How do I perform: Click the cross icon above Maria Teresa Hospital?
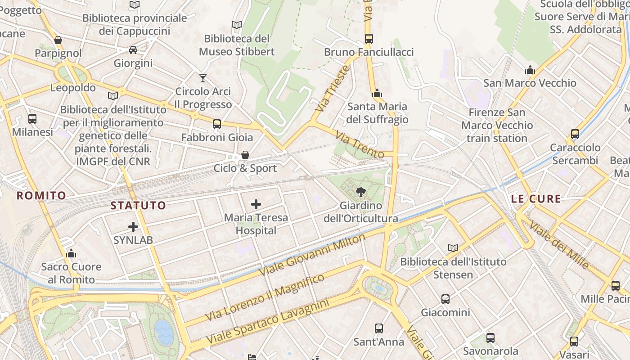tap(256, 204)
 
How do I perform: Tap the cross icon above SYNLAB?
tap(133, 227)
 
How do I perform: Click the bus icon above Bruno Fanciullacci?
tap(369, 39)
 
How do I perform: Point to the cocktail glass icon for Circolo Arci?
tap(203, 78)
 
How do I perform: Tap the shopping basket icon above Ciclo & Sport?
tap(245, 155)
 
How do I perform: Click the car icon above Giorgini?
tap(133, 50)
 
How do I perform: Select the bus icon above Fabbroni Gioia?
tap(217, 124)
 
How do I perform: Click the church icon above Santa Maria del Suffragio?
tap(377, 94)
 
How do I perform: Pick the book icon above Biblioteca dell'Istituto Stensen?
tap(453, 248)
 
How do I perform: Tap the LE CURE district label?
tap(536, 199)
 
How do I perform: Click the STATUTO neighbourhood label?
tap(138, 206)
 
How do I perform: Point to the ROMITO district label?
tap(41, 195)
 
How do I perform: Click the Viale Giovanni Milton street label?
tap(313, 255)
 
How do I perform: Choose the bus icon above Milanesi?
tap(32, 119)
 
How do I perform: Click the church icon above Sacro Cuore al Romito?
tap(71, 253)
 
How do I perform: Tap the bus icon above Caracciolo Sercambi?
tap(575, 134)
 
